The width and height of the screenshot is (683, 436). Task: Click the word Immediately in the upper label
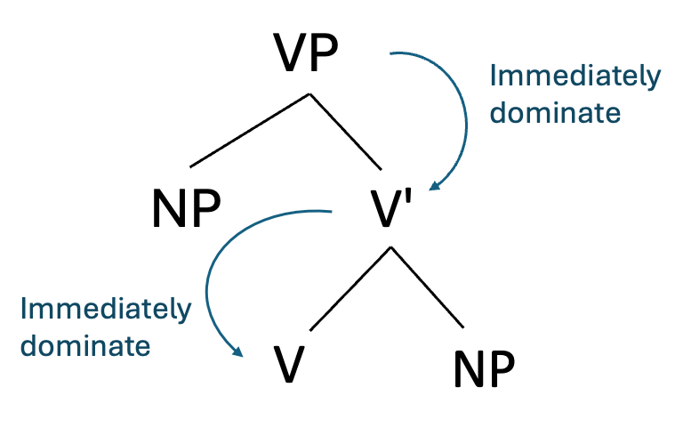pos(575,77)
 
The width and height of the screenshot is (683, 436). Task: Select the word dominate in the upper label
pos(555,113)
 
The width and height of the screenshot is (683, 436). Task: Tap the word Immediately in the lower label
pos(105,309)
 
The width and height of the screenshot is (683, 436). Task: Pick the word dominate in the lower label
pos(85,345)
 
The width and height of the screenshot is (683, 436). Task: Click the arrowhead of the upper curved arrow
pos(433,186)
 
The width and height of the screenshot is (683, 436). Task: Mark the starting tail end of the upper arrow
pos(390,53)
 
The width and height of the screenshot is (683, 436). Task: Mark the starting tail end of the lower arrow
pos(331,211)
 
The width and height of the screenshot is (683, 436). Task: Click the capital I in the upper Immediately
pos(493,77)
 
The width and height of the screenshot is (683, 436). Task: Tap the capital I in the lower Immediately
pos(23,309)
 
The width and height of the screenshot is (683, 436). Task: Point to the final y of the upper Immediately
pos(654,80)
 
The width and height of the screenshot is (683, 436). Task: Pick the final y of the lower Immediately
pos(184,312)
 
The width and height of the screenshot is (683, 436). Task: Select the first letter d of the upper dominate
pos(498,113)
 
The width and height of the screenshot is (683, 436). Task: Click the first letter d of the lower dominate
pos(28,345)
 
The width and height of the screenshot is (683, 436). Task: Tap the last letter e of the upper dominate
pos(612,115)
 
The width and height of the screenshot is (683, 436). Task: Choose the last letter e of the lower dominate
pos(142,347)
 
